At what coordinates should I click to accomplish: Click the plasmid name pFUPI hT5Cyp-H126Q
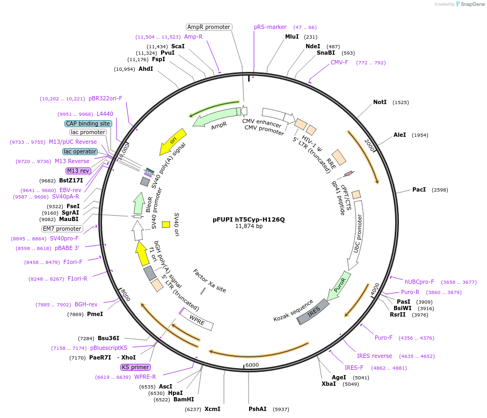pos(249,219)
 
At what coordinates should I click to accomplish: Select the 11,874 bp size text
pos(249,226)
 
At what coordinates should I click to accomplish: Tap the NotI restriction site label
pos(380,102)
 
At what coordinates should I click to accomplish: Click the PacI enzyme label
pos(419,189)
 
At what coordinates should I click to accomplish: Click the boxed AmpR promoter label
pos(209,27)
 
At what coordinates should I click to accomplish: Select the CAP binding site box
pos(88,123)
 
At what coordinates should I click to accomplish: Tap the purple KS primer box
pos(135,367)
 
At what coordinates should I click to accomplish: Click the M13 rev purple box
pos(78,171)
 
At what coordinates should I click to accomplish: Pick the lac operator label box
pos(80,151)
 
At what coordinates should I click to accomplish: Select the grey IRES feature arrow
pos(312,311)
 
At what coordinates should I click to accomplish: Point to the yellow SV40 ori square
pos(166,224)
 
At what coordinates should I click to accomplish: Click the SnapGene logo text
pos(470,4)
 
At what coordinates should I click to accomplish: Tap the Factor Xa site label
pos(209,281)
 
